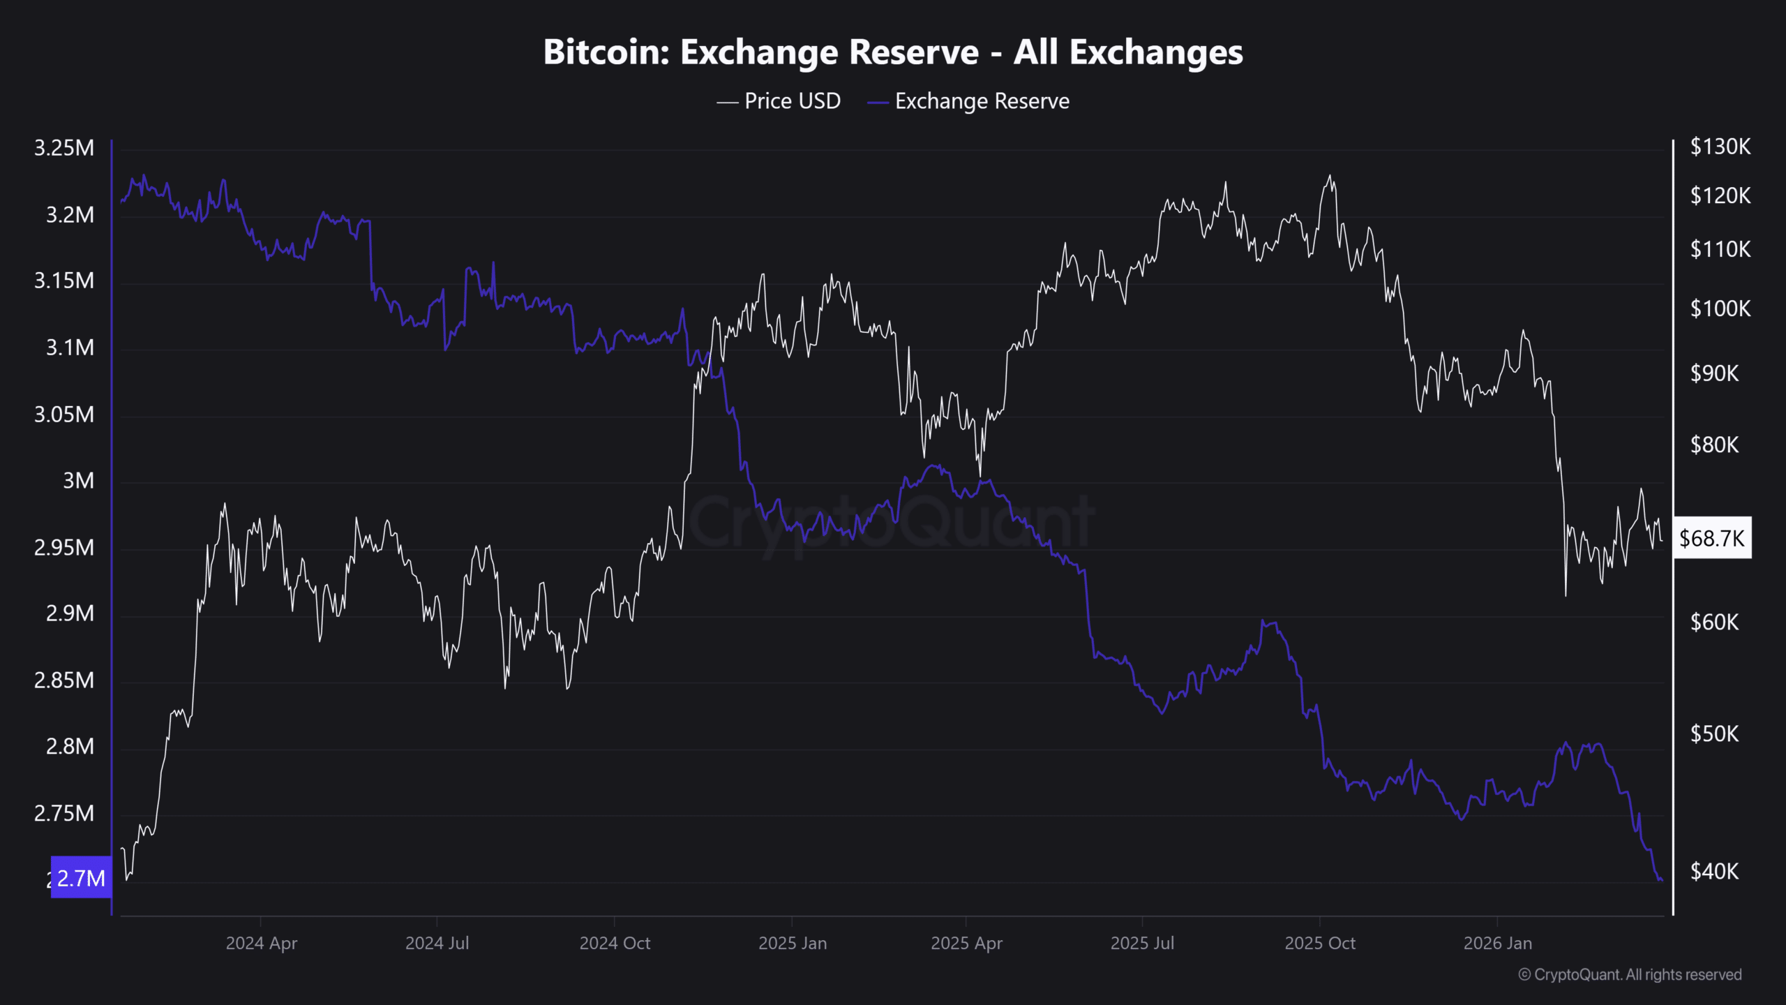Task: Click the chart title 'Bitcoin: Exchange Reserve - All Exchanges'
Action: [x=893, y=52]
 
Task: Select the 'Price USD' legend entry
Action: [x=792, y=101]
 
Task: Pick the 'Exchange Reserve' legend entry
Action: [x=981, y=101]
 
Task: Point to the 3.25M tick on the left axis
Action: [x=64, y=148]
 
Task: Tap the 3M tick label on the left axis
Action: [x=78, y=481]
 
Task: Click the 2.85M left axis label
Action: [x=64, y=680]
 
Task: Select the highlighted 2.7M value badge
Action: [x=81, y=878]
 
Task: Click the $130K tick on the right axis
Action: [x=1720, y=147]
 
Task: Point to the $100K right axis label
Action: [x=1720, y=308]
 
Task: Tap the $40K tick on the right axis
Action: [x=1714, y=872]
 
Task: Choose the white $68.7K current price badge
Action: [x=1711, y=538]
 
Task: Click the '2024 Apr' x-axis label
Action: [x=262, y=944]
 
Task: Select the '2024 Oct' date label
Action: [x=615, y=944]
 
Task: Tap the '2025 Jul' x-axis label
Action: [x=1142, y=944]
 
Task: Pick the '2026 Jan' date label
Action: [x=1498, y=944]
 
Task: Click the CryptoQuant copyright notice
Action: [x=1630, y=975]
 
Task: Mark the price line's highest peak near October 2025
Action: [x=1330, y=176]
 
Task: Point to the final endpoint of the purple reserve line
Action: [x=1662, y=881]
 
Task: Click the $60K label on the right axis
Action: [x=1714, y=622]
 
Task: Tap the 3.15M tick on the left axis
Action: [x=64, y=281]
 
